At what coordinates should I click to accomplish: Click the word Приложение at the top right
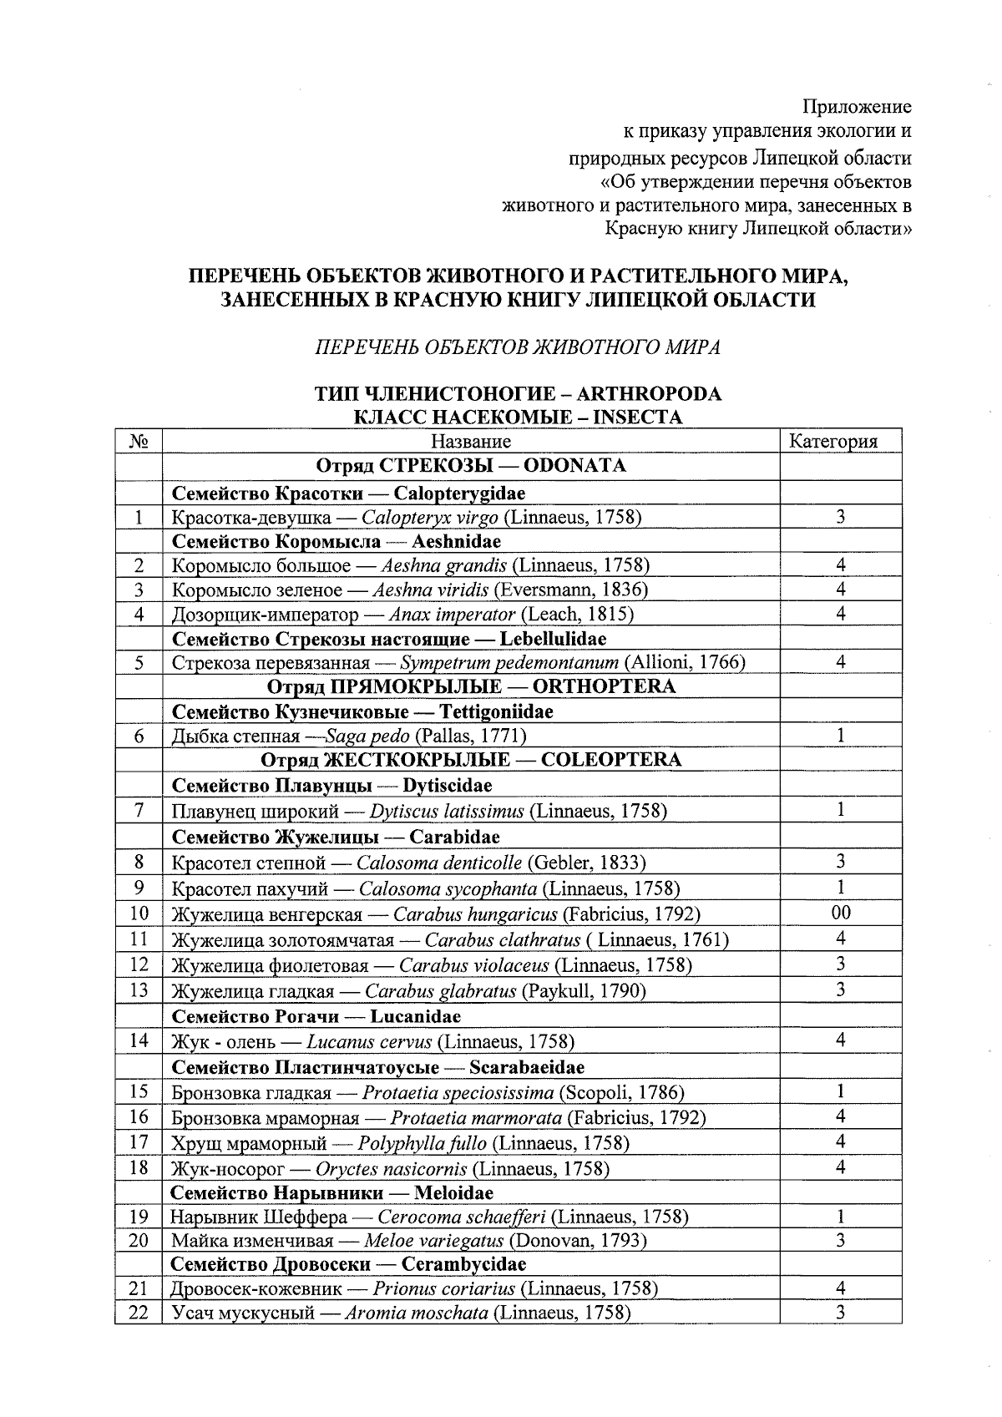coord(857,107)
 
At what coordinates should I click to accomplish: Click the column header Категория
coord(833,442)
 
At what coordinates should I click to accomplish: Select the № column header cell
coord(139,442)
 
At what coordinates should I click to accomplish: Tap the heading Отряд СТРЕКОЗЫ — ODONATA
coord(471,466)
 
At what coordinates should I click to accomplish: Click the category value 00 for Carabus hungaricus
coord(841,913)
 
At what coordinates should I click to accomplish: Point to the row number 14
coord(139,1040)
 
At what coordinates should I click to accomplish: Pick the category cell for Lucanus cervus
coord(841,1040)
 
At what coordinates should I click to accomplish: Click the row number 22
coord(139,1313)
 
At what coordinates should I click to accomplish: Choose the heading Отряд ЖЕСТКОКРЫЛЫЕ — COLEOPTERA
coord(471,760)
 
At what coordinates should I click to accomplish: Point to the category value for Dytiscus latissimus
coord(841,809)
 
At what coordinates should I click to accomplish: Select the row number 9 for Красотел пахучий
coord(139,887)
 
